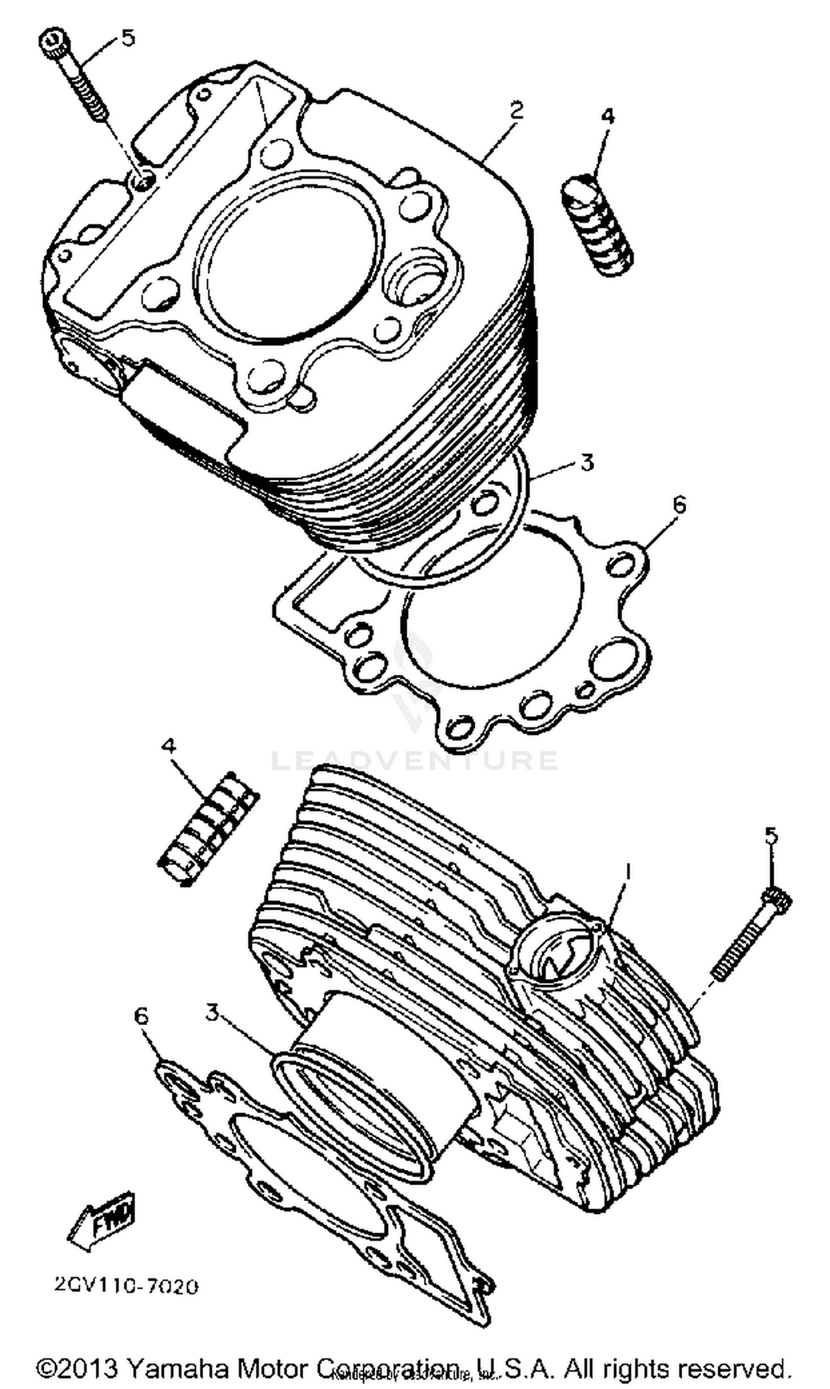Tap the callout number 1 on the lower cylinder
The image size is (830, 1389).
click(x=628, y=870)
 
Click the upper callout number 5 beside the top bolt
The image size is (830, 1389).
click(x=128, y=39)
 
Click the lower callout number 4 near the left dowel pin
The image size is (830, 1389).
click(x=168, y=745)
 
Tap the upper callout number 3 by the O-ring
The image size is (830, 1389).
click(x=586, y=463)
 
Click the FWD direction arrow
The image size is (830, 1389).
click(x=101, y=1215)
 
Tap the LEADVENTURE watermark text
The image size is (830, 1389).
click(x=414, y=760)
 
